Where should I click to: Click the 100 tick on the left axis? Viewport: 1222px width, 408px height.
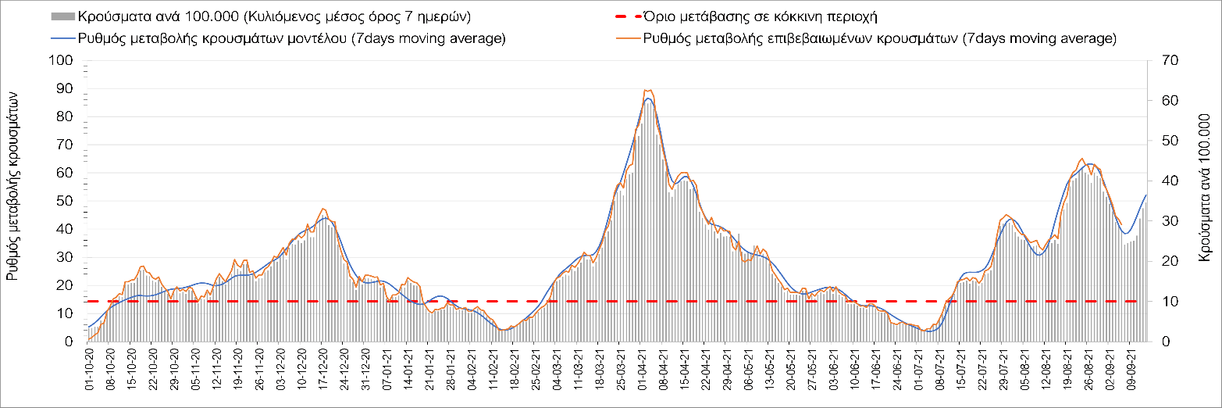[x=62, y=61]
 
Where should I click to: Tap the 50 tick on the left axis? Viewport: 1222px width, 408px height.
[x=65, y=201]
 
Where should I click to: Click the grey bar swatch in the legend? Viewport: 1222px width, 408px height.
[x=62, y=16]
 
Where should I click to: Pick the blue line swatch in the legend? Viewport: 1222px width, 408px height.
[x=62, y=38]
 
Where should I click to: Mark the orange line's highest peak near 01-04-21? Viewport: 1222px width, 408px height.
[x=647, y=90]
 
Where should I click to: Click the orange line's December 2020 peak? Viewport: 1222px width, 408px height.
[x=323, y=209]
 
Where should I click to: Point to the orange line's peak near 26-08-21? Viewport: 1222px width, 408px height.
[x=1081, y=159]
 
